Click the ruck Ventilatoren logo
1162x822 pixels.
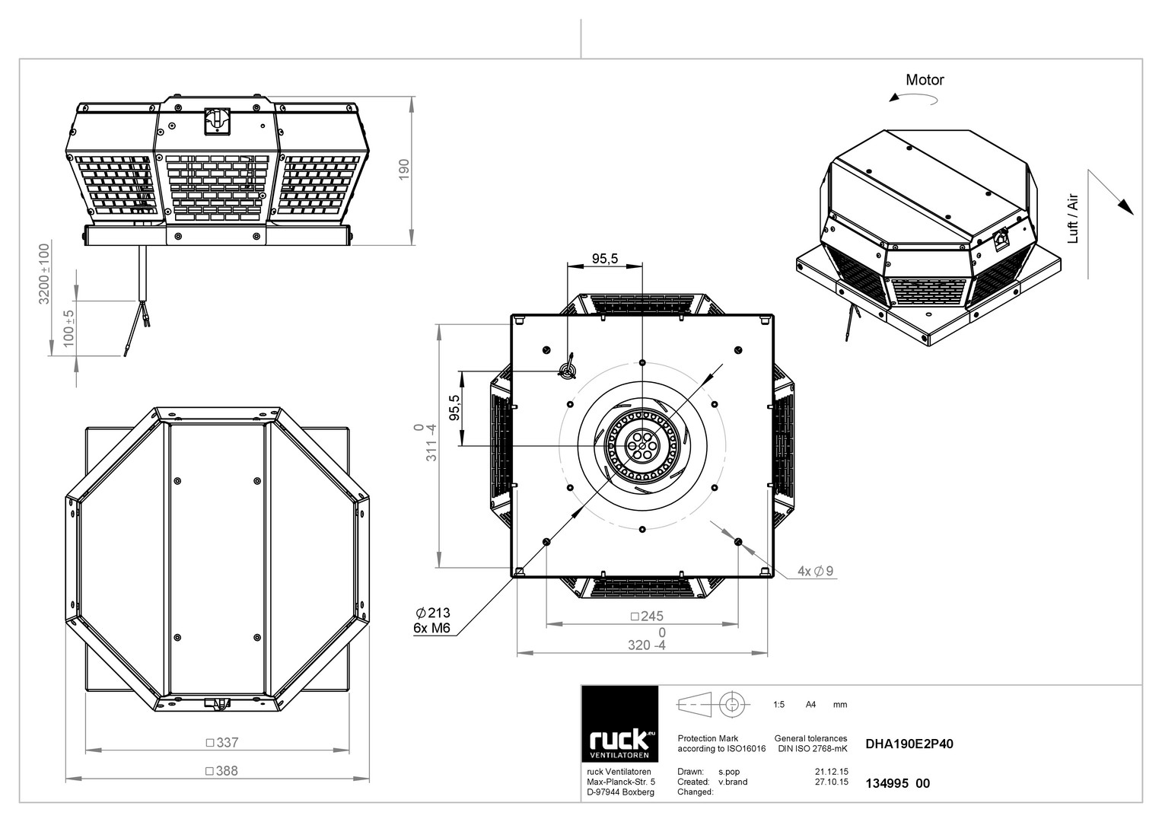[619, 724]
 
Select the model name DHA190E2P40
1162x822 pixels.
[909, 744]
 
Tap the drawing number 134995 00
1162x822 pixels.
[897, 783]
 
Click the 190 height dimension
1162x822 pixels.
[403, 170]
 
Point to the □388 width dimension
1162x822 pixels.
[221, 770]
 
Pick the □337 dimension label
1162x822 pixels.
[222, 742]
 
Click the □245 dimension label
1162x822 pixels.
[647, 616]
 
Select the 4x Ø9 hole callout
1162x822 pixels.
[816, 571]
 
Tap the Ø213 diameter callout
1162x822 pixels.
[433, 613]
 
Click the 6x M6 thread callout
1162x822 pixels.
[431, 628]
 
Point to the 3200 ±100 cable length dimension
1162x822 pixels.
[45, 273]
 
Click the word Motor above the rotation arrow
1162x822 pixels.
[925, 80]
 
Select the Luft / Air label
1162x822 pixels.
[1073, 218]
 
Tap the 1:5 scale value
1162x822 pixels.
[778, 704]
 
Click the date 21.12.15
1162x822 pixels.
[832, 772]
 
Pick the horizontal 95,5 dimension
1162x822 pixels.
[605, 259]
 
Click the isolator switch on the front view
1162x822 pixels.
[217, 122]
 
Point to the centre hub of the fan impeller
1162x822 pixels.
[642, 446]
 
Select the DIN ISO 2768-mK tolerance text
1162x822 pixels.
[813, 748]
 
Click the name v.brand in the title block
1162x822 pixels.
[733, 782]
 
